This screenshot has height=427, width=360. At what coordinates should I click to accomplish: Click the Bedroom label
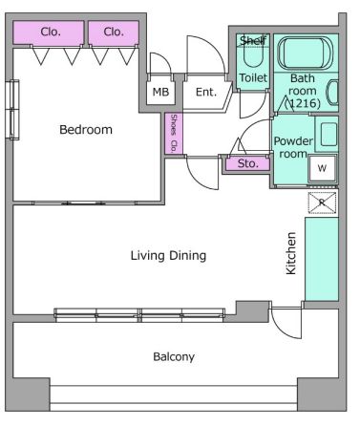pyautogui.click(x=86, y=130)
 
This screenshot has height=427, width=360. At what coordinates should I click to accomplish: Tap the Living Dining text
pyautogui.click(x=168, y=255)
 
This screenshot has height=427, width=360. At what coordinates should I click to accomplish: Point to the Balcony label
pyautogui.click(x=174, y=356)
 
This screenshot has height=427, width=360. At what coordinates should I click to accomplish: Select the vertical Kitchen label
pyautogui.click(x=291, y=253)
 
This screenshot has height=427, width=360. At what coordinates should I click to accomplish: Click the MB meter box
pyautogui.click(x=160, y=92)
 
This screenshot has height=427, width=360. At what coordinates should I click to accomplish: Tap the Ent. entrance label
pyautogui.click(x=206, y=92)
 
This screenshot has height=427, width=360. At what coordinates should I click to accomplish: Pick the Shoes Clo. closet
pyautogui.click(x=174, y=134)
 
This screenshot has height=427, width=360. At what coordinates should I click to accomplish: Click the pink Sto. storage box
pyautogui.click(x=248, y=164)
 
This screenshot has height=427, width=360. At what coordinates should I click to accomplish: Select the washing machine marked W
pyautogui.click(x=322, y=168)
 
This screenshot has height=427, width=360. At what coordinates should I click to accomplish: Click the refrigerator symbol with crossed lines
pyautogui.click(x=322, y=203)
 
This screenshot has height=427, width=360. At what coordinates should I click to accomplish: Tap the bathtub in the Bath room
pyautogui.click(x=306, y=53)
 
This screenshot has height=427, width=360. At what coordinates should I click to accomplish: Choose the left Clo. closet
pyautogui.click(x=49, y=32)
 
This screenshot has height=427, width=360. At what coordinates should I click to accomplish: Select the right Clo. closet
pyautogui.click(x=114, y=32)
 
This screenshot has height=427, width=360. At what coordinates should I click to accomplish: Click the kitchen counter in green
pyautogui.click(x=322, y=259)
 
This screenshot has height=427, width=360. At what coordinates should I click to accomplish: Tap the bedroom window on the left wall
pyautogui.click(x=12, y=110)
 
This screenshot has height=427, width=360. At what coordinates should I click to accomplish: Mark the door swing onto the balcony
pyautogui.click(x=286, y=322)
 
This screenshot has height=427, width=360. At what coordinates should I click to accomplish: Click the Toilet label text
pyautogui.click(x=253, y=77)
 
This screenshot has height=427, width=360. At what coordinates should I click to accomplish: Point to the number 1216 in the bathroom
pyautogui.click(x=303, y=103)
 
